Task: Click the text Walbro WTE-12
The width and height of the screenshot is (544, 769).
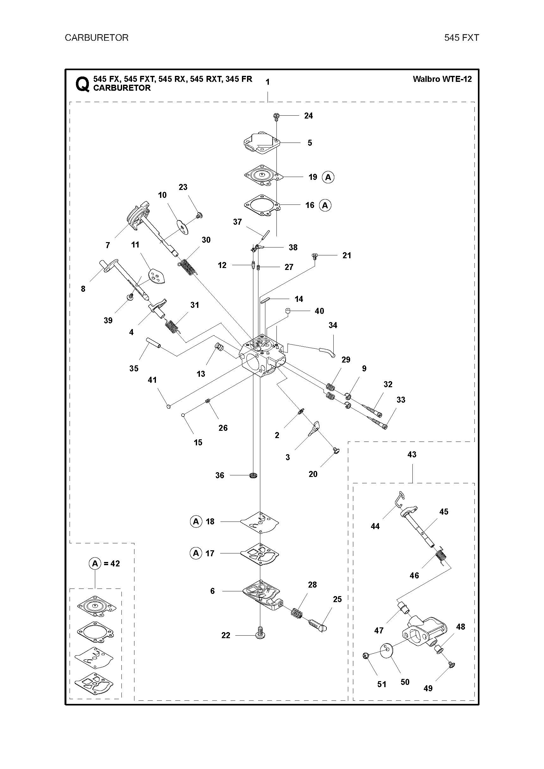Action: (x=442, y=79)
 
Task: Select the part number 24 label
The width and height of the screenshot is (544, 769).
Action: (x=308, y=116)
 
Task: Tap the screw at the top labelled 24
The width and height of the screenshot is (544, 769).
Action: (x=276, y=117)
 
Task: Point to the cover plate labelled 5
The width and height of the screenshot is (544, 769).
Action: (x=262, y=143)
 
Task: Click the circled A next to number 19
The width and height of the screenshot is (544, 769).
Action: (x=328, y=177)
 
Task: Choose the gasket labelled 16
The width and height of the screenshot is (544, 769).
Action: (x=262, y=205)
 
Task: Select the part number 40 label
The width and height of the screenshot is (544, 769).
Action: (x=319, y=311)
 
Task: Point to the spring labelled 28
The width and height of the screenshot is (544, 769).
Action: (x=297, y=613)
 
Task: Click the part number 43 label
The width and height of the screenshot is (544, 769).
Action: (x=411, y=455)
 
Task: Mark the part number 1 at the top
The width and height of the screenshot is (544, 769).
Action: (x=268, y=82)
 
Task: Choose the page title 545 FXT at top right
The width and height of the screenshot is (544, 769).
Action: (x=461, y=38)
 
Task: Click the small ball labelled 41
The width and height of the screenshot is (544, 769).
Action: (x=169, y=406)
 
